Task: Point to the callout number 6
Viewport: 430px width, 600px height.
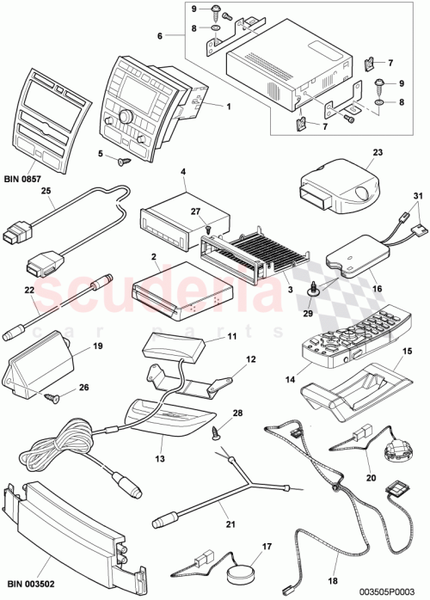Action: pyautogui.click(x=159, y=37)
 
